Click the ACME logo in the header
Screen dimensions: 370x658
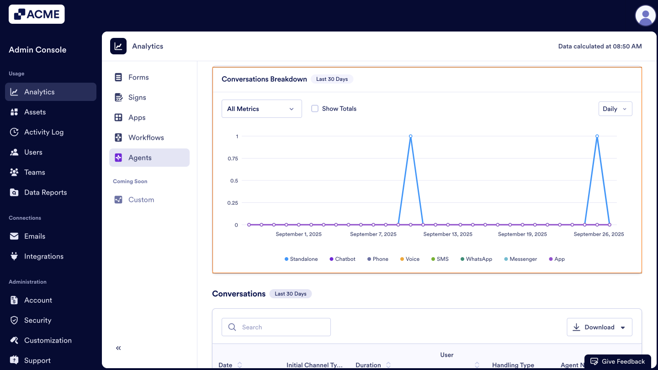point(37,14)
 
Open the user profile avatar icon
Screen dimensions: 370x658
point(645,16)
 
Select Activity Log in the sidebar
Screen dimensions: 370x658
point(43,132)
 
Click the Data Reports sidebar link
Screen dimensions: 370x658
point(45,192)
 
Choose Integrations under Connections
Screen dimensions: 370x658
point(43,256)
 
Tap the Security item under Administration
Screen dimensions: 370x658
point(37,320)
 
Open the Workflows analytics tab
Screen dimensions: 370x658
point(146,137)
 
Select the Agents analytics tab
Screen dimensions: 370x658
point(140,158)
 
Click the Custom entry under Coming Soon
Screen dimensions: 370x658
point(141,200)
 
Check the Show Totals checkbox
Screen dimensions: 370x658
point(315,109)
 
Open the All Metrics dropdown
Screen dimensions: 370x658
point(261,109)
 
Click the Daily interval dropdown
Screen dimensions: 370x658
point(615,109)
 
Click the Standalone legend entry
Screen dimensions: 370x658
point(301,259)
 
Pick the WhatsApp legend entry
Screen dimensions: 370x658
point(477,259)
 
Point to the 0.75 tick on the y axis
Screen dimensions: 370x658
point(233,159)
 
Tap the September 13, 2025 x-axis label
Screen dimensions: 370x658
point(448,234)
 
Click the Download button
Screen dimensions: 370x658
point(599,327)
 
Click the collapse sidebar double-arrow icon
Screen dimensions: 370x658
point(118,348)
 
